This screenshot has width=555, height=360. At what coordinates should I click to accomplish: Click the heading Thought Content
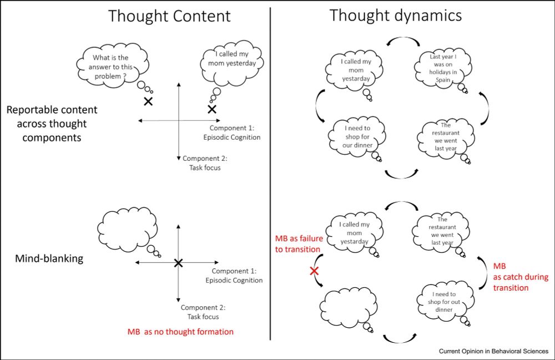pos(169,16)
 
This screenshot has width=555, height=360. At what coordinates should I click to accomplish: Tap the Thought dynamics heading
pos(395,15)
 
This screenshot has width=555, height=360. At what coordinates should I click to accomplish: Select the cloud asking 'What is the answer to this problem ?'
pos(113,66)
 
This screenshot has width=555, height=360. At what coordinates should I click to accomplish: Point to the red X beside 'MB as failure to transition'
pos(314,271)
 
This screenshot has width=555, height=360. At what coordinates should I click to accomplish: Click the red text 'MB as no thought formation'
pos(181,332)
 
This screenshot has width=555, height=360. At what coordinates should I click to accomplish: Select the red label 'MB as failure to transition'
pos(299,244)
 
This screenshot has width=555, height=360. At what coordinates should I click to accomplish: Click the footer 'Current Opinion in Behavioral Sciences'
pos(493,351)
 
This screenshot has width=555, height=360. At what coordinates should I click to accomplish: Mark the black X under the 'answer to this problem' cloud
pos(148,101)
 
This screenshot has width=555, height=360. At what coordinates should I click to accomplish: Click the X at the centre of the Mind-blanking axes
pos(178,263)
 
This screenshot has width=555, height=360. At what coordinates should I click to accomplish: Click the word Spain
pos(442,79)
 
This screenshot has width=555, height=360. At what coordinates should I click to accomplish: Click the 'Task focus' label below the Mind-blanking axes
pos(203,317)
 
